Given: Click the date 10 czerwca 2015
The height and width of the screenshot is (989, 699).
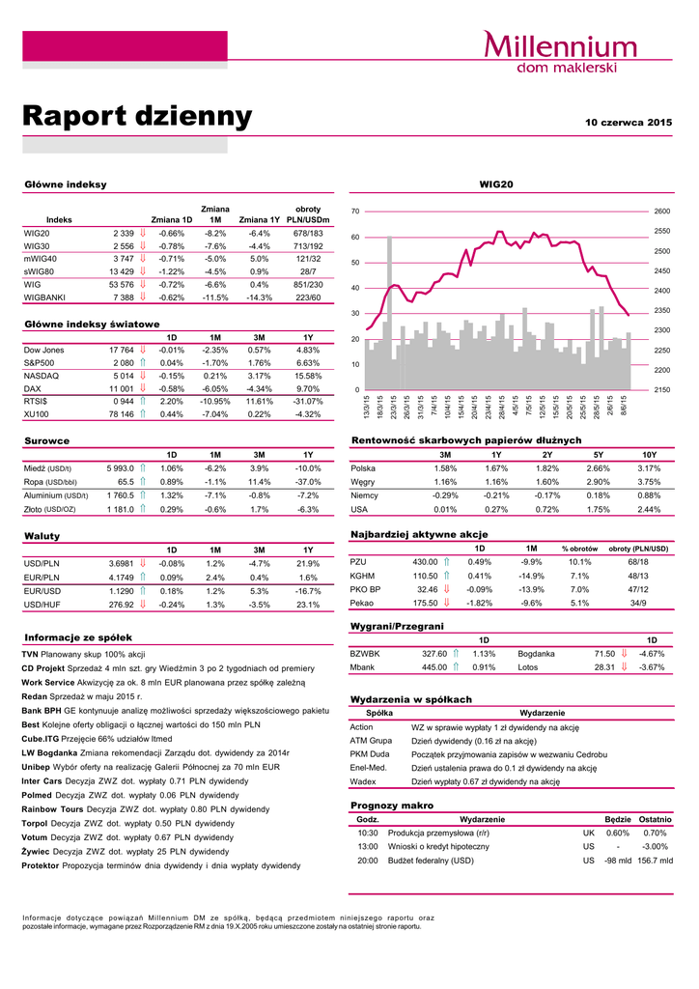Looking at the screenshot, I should (629, 123).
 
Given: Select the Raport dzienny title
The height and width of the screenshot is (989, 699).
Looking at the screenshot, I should (137, 117).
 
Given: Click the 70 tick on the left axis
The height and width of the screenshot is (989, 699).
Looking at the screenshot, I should (355, 211).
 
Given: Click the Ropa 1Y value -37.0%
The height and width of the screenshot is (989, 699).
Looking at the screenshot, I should (308, 481).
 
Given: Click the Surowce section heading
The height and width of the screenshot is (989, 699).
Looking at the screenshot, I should (46, 440).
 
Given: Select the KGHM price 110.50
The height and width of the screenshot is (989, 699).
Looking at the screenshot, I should (425, 576).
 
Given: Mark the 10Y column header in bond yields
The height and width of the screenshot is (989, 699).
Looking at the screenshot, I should (649, 454).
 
